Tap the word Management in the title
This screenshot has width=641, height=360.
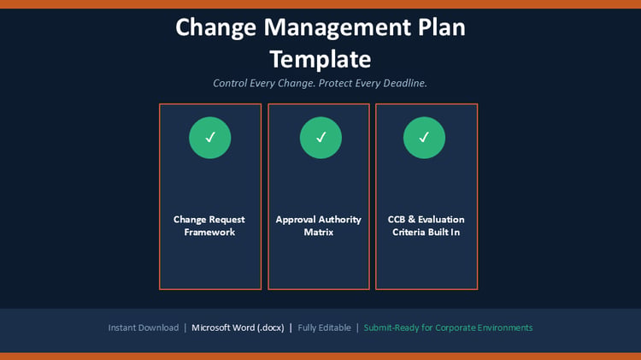[338, 28]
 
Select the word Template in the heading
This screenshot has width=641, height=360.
[320, 60]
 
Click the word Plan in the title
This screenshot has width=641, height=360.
[442, 27]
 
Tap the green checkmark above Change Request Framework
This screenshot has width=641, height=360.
[210, 138]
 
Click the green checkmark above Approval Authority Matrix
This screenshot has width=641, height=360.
[320, 138]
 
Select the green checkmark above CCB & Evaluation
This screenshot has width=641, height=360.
[424, 138]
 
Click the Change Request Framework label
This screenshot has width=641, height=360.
[209, 226]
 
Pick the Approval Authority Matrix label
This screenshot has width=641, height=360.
[319, 226]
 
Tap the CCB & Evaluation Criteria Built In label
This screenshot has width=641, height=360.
[426, 226]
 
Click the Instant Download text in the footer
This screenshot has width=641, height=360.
[144, 328]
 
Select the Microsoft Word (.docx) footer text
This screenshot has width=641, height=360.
[238, 328]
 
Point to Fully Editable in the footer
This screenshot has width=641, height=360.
[324, 328]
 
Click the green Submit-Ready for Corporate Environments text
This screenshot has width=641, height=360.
[448, 328]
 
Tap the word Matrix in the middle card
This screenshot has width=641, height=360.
[319, 232]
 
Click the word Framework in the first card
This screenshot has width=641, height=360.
[209, 232]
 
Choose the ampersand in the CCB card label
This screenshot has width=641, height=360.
[411, 219]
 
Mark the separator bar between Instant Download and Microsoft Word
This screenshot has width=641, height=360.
[185, 328]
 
